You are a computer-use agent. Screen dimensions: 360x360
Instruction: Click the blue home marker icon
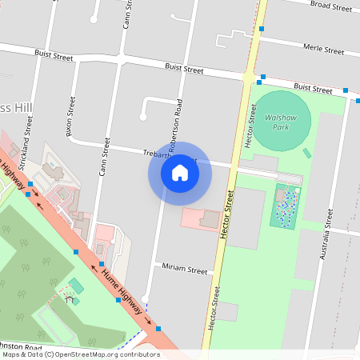[180, 172]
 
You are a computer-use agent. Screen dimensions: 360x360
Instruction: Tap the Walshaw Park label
[280, 122]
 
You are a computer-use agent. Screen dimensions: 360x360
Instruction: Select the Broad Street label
[331, 6]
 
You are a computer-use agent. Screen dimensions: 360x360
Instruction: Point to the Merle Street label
[324, 50]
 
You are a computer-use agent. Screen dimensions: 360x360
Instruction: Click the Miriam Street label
[184, 270]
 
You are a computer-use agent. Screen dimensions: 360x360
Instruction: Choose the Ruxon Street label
[71, 116]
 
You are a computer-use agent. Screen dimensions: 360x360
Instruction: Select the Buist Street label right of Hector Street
[312, 88]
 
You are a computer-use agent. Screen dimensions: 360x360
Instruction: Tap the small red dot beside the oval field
[306, 153]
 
